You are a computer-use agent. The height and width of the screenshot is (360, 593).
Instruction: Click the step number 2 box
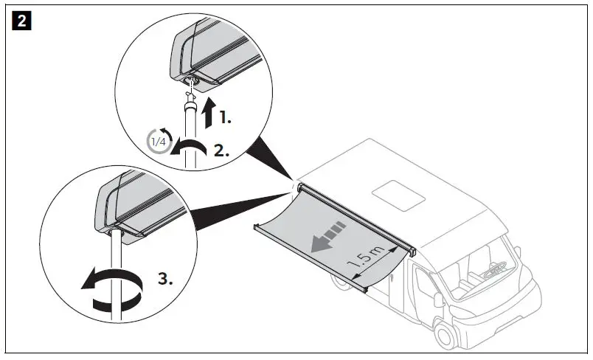pyautogui.click(x=22, y=21)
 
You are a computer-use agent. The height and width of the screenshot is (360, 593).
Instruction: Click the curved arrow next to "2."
pyautogui.click(x=188, y=148)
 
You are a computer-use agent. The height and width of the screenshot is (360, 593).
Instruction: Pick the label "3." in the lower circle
pyautogui.click(x=165, y=280)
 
